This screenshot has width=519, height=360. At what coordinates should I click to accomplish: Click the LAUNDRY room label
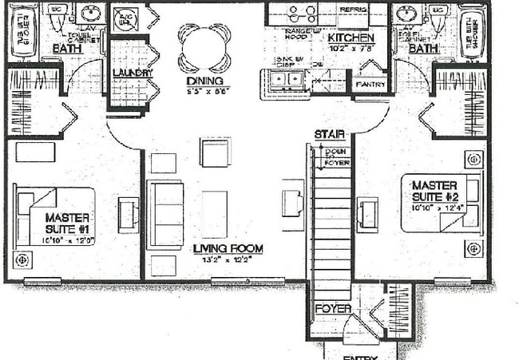128,73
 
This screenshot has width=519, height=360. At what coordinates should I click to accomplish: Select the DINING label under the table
205,81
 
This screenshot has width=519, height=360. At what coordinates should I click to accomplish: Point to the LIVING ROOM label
228,248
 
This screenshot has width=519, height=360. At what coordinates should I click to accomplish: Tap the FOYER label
333,308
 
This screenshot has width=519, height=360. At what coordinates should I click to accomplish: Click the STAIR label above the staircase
329,133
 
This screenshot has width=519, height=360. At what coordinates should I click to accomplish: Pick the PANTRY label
370,84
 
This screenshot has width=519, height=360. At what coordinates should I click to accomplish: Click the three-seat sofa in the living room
164,215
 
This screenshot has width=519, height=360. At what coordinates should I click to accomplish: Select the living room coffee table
214,213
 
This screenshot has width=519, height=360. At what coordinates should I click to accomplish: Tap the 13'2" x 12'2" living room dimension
228,259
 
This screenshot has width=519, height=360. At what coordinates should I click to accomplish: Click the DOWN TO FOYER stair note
336,156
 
